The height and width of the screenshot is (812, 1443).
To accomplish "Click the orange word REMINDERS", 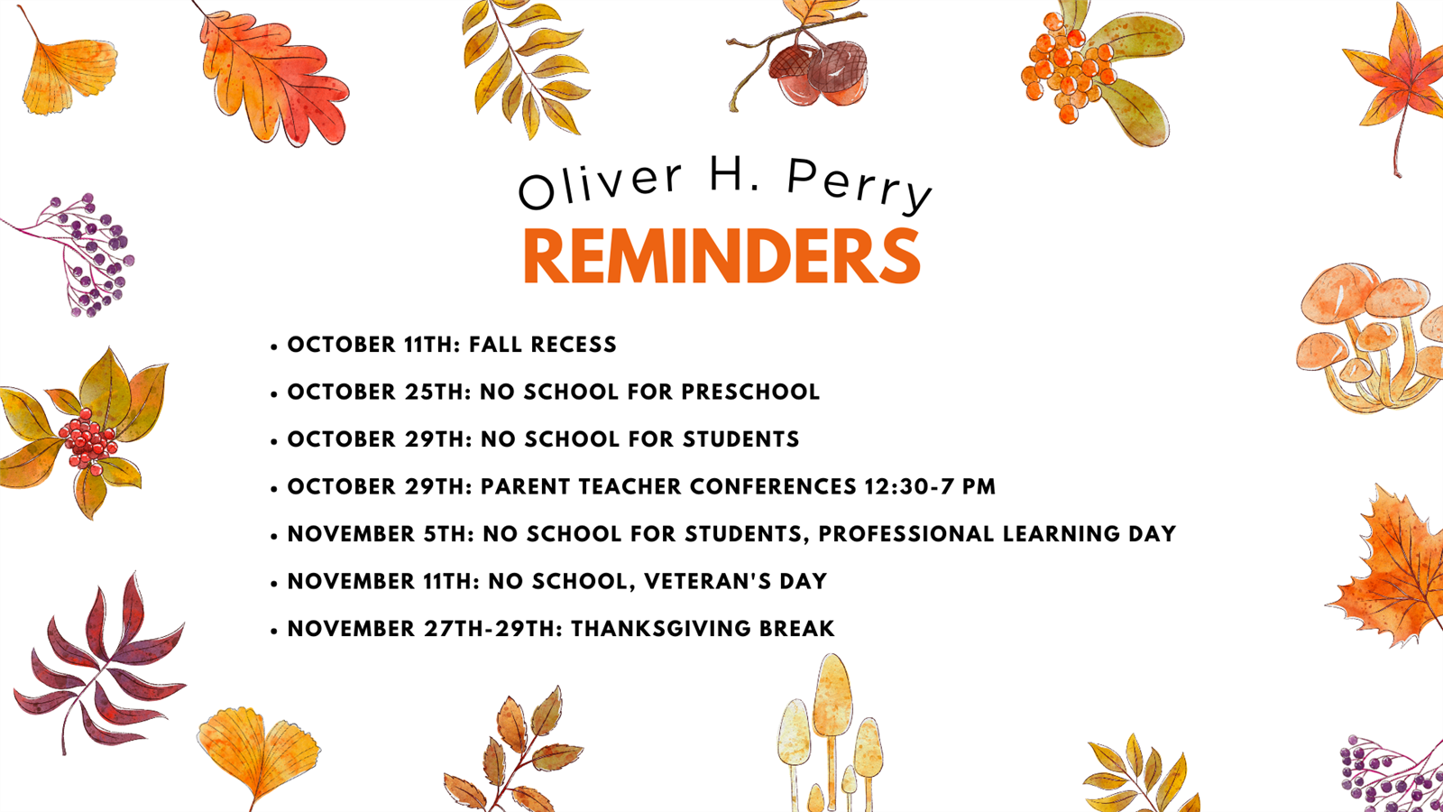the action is tap(722, 255).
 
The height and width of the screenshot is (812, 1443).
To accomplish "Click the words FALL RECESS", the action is tap(542, 344).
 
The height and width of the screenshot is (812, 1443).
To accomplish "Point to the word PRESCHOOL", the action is tap(750, 392).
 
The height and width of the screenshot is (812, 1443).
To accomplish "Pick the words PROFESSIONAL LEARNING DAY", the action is tap(997, 533).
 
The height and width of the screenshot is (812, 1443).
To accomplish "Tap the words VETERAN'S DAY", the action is tap(736, 581).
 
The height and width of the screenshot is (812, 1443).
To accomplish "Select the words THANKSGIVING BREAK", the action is tap(703, 628).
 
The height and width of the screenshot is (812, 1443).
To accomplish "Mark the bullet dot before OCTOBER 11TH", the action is tap(274, 346).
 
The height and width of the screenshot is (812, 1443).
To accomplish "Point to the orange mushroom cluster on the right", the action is tap(1369, 337).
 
